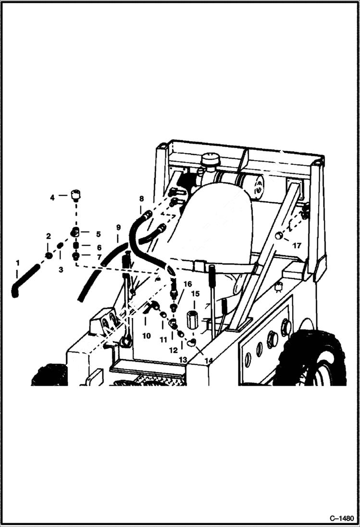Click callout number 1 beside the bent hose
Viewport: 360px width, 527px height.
(x=18, y=263)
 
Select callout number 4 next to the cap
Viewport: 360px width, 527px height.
(x=52, y=197)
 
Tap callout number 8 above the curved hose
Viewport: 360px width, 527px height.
(x=141, y=198)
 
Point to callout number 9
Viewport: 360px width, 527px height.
(x=118, y=226)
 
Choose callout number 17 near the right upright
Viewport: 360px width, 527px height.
(x=297, y=245)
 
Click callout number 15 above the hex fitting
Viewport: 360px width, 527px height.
(x=195, y=294)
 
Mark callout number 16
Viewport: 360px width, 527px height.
(x=187, y=284)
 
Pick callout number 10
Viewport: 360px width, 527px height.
(x=146, y=336)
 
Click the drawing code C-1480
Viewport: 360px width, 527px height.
(x=341, y=519)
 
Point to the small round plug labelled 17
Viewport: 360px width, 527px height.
(x=278, y=236)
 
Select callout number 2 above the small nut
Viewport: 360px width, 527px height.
(x=49, y=236)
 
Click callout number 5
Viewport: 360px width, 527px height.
(x=98, y=234)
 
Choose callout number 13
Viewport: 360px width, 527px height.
(x=183, y=359)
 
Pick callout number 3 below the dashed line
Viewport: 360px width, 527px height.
(x=61, y=270)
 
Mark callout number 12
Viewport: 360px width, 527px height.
(x=173, y=350)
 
